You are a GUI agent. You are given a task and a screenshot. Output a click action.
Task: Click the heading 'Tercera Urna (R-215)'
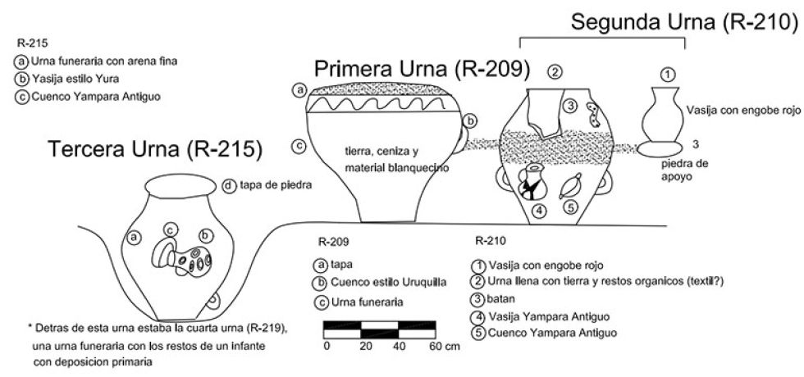tap(155, 149)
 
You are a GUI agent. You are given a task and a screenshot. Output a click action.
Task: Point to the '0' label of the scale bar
tap(327, 347)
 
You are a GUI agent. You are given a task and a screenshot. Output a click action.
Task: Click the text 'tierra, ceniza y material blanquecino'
tap(386, 157)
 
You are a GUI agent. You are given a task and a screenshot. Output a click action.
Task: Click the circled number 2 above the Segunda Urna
tap(555, 72)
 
